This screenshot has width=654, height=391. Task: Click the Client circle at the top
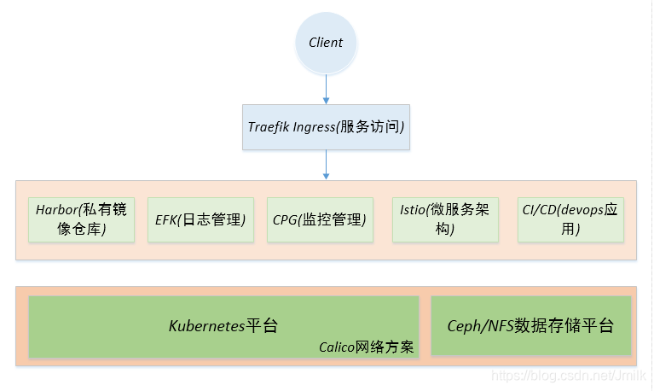click(326, 43)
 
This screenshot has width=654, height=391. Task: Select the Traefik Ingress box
click(326, 127)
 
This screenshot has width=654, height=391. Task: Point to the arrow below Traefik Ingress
click(326, 165)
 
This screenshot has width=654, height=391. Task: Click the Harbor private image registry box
click(81, 219)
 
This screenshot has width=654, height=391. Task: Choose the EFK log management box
click(200, 219)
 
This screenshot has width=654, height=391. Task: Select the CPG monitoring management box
click(319, 219)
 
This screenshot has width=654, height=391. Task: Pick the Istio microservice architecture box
click(444, 219)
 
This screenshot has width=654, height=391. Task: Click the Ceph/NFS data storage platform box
click(530, 326)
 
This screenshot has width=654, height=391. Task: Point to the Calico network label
click(366, 347)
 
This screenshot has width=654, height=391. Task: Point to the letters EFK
click(166, 219)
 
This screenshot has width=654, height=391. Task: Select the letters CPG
click(284, 219)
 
